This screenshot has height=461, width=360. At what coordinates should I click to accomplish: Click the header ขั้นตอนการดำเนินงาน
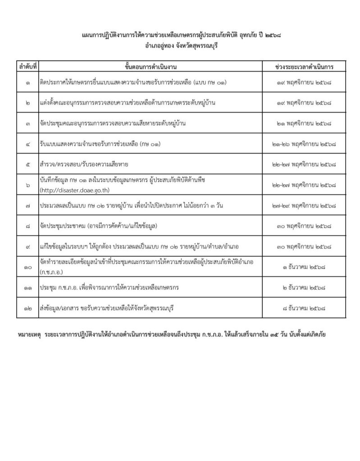pyautogui.click(x=150, y=67)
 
